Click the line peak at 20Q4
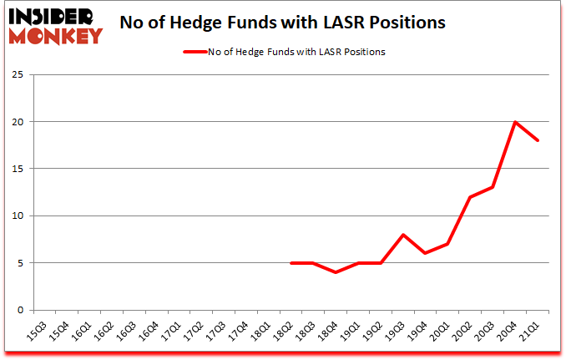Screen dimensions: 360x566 coord(516,122)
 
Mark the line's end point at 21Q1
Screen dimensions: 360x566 coord(538,140)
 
